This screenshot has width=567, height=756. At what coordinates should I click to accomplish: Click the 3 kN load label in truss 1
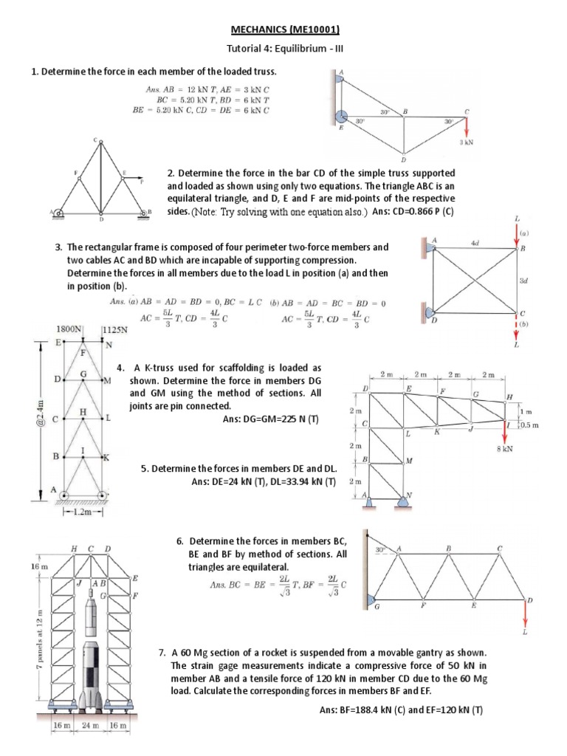pos(465,142)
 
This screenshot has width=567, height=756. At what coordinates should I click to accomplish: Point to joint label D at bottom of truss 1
pos(403,159)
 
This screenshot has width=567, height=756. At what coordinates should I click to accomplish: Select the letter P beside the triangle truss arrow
pos(141,179)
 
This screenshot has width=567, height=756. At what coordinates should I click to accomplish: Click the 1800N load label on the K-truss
pos(69,329)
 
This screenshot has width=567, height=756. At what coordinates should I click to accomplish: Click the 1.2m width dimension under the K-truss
pos(82,510)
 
